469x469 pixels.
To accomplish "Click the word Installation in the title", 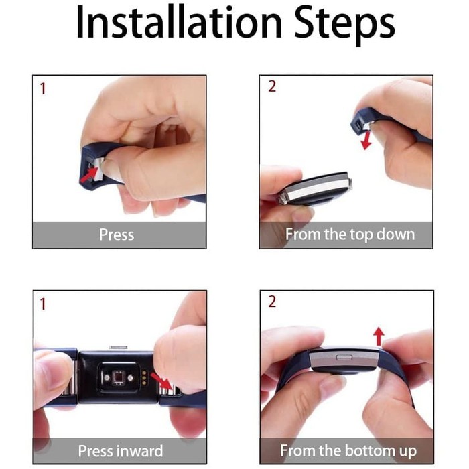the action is click(x=179, y=22).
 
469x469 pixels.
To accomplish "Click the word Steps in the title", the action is click(x=344, y=25).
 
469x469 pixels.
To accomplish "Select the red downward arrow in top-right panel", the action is click(x=366, y=140).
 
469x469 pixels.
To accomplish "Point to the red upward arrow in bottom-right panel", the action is click(x=379, y=336).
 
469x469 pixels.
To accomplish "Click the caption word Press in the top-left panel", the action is click(x=117, y=234).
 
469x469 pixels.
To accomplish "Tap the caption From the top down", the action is click(x=350, y=234).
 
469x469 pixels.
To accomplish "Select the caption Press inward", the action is click(x=120, y=451).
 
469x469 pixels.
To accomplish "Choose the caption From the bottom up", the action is click(x=348, y=451).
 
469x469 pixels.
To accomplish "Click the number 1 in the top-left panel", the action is click(x=43, y=89).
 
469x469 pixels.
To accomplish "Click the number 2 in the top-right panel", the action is click(x=272, y=86).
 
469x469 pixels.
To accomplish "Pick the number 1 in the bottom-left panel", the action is click(x=43, y=304).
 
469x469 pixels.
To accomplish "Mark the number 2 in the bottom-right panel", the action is click(x=272, y=301).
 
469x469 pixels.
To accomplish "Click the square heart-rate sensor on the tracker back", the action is click(x=117, y=377).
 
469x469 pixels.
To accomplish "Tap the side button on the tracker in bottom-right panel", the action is click(x=344, y=357).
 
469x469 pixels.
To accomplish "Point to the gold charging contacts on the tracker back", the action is click(x=145, y=377).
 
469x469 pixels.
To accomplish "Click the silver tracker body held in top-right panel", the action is click(x=315, y=188).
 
